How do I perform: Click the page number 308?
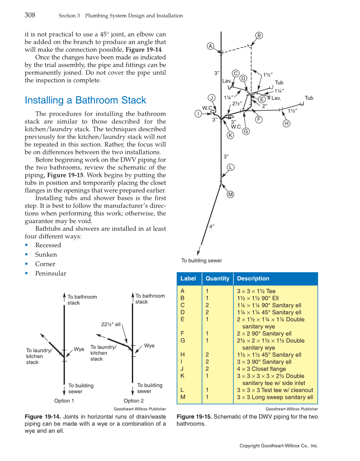click(30, 15)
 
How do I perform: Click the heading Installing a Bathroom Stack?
click(85, 101)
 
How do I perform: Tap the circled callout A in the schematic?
click(210, 46)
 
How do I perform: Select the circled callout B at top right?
click(259, 35)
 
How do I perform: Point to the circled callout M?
click(231, 195)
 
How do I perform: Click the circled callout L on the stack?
click(230, 167)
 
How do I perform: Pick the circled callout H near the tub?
click(287, 123)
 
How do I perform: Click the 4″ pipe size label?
click(212, 226)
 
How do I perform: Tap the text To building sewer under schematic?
click(201, 260)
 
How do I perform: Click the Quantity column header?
click(217, 279)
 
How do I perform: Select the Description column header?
click(253, 279)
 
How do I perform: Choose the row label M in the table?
click(183, 397)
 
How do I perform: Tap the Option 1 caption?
click(64, 401)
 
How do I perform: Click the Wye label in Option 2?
click(149, 346)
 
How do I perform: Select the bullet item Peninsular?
click(50, 274)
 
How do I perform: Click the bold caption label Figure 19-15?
click(194, 417)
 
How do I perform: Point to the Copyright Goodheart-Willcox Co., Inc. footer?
click(279, 446)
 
